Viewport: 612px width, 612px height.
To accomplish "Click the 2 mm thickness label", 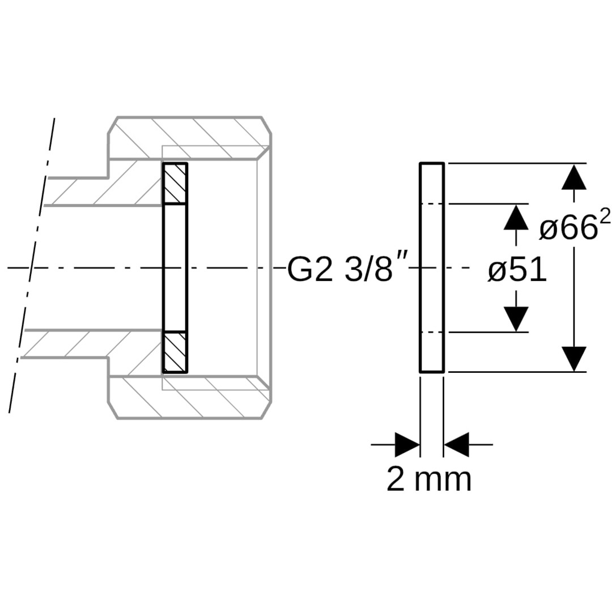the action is pyautogui.click(x=429, y=479).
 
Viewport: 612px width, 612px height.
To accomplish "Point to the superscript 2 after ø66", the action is pyautogui.click(x=605, y=219).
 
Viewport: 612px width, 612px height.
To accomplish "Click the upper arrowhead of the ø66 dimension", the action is pyautogui.click(x=573, y=177).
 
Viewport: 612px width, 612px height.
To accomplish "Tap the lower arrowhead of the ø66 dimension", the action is pyautogui.click(x=573, y=359).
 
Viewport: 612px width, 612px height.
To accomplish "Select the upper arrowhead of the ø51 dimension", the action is pyautogui.click(x=516, y=218).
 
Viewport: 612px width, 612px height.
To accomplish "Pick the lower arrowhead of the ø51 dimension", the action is pyautogui.click(x=516, y=319).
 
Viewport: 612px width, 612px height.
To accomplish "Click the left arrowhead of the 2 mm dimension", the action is pyautogui.click(x=407, y=444).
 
